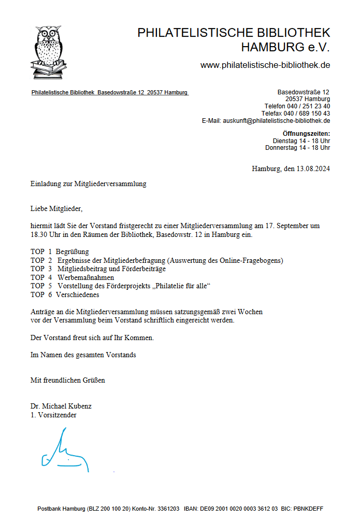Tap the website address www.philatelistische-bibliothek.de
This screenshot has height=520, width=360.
265,65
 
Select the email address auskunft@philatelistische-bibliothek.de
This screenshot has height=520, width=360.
277,121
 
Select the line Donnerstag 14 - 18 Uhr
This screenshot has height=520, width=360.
297,148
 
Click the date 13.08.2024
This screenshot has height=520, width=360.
313,168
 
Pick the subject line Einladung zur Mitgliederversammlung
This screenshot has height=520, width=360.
89,184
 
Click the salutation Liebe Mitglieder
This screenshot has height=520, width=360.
56,209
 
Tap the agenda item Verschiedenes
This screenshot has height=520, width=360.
78,295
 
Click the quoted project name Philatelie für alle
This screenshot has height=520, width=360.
179,286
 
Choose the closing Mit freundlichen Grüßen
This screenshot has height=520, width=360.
68,380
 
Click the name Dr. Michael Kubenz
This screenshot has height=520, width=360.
61,406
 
